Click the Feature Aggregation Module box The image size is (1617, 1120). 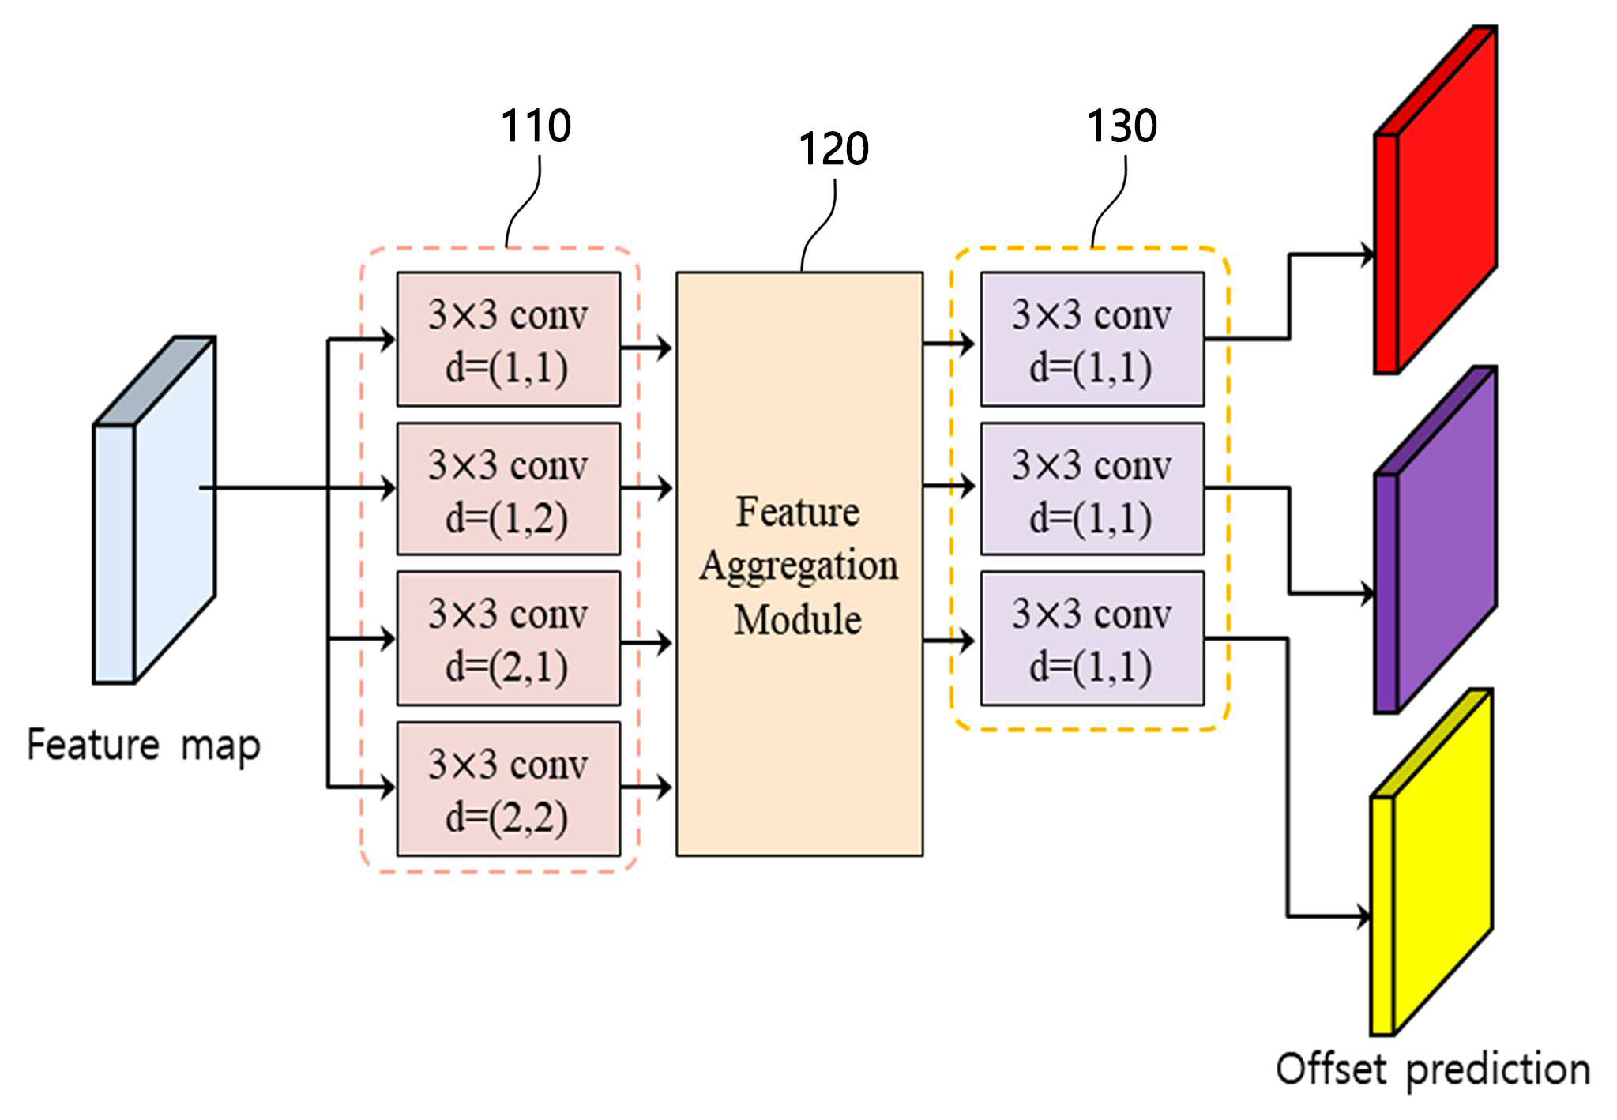point(799,563)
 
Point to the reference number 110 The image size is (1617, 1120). point(536,126)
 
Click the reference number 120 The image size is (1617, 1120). point(833,148)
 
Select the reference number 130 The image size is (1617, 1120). point(1122,126)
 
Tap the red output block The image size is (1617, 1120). point(1435,199)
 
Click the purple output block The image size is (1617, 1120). point(1435,539)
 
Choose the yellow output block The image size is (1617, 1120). point(1431,862)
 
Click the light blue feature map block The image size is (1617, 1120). point(154,509)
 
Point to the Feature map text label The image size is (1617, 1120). point(144,746)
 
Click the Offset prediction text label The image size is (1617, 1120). point(1433,1070)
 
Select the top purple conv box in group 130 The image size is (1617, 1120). point(1092,339)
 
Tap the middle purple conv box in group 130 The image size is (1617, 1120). point(1092,488)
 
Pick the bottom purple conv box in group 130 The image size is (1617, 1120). point(1092,638)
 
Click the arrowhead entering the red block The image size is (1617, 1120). point(1367,254)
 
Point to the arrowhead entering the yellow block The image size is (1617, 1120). point(1363,916)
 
